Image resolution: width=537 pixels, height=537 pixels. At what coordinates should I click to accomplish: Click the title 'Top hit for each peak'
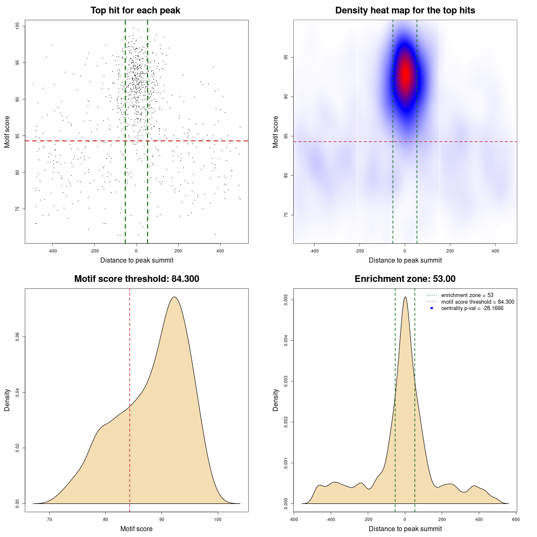coord(135,10)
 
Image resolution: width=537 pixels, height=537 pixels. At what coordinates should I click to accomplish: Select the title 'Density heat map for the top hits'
coord(405,10)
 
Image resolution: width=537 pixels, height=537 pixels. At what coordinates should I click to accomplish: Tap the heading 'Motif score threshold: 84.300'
coord(136,279)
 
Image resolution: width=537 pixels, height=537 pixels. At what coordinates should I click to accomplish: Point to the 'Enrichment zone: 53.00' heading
coord(405,279)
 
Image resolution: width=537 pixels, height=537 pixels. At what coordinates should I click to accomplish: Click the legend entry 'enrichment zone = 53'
coord(467,295)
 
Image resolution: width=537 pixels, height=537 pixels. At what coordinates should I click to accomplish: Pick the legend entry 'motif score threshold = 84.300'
coord(477,302)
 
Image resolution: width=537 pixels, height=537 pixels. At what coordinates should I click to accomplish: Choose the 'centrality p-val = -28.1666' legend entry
coord(472,308)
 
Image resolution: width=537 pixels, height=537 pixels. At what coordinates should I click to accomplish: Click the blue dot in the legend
coord(432,308)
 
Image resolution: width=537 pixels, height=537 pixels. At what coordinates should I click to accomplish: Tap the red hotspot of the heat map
coord(405,73)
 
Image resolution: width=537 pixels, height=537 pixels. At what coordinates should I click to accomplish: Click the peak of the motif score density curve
coord(174,297)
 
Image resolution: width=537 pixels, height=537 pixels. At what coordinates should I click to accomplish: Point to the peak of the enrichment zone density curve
coord(405,297)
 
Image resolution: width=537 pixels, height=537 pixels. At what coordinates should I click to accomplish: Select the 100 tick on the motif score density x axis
coord(217,519)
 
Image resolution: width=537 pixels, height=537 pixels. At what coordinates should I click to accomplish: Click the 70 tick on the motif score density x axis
coord(50,519)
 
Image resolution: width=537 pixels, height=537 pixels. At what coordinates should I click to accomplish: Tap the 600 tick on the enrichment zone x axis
coord(516,519)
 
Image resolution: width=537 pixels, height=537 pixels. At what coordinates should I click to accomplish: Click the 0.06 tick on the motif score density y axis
coord(18,336)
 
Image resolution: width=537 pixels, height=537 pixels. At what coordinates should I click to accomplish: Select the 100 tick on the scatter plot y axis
coord(18,26)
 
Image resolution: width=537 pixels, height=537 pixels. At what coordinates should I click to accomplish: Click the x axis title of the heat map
coord(405,261)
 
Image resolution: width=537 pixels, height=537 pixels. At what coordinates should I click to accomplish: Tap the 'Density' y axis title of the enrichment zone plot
coord(276,400)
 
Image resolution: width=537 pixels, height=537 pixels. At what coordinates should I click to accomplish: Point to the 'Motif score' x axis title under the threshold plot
coord(136,529)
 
